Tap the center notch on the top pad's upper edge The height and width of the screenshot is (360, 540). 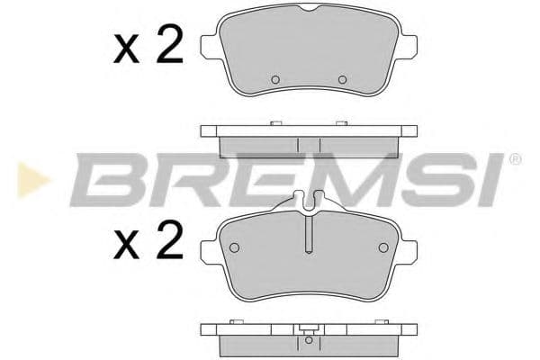click(309, 8)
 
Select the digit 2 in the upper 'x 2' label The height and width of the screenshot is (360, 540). click(168, 46)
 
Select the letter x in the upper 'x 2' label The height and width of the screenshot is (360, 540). click(128, 51)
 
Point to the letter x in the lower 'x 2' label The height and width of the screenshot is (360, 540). click(128, 244)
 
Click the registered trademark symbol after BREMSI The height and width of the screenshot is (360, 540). click(514, 159)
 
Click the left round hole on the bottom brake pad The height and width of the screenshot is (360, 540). click(234, 247)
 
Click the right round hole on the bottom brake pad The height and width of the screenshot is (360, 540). click(382, 247)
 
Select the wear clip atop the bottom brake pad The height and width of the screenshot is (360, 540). click(309, 203)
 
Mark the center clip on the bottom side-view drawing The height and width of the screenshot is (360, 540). click(309, 339)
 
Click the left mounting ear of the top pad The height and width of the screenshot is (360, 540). click(209, 49)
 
